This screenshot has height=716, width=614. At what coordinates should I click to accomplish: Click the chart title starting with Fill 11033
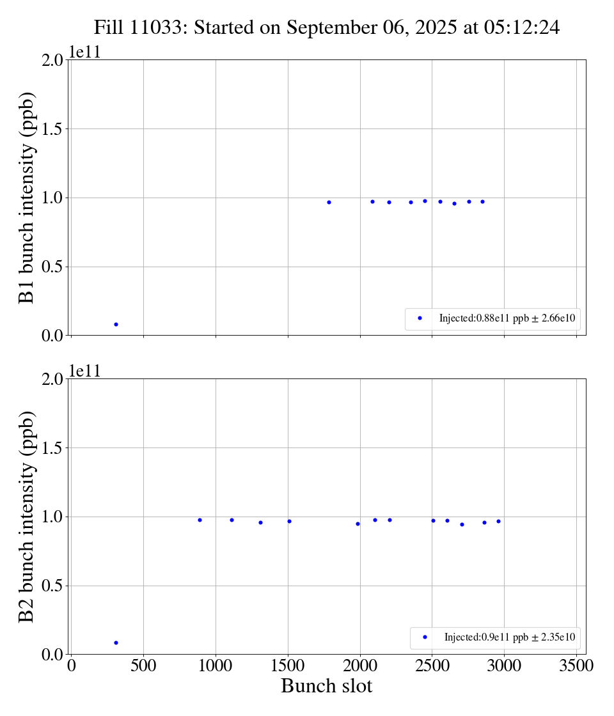click(327, 27)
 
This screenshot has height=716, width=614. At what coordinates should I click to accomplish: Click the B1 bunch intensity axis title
click(26, 198)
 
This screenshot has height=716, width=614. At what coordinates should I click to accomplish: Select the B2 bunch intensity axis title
click(26, 517)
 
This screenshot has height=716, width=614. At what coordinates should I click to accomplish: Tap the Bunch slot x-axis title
click(326, 687)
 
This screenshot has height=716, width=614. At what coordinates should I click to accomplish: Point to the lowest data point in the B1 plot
click(116, 324)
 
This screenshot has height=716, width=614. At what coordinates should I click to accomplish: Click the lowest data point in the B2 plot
click(116, 642)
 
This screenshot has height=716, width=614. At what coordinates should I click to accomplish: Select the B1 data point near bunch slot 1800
click(329, 202)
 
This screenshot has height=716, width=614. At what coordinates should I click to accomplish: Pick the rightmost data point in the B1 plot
click(482, 201)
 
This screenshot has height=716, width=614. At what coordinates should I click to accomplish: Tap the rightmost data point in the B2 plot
click(498, 521)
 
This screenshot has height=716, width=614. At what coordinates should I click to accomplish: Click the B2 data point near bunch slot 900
click(200, 520)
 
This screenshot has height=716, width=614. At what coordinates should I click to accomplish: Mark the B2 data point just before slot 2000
click(358, 524)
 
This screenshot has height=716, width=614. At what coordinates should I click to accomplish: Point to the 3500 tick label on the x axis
click(576, 666)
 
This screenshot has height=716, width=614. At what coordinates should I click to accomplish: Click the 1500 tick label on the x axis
click(288, 666)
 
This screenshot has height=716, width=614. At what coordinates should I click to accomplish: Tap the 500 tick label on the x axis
click(143, 666)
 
